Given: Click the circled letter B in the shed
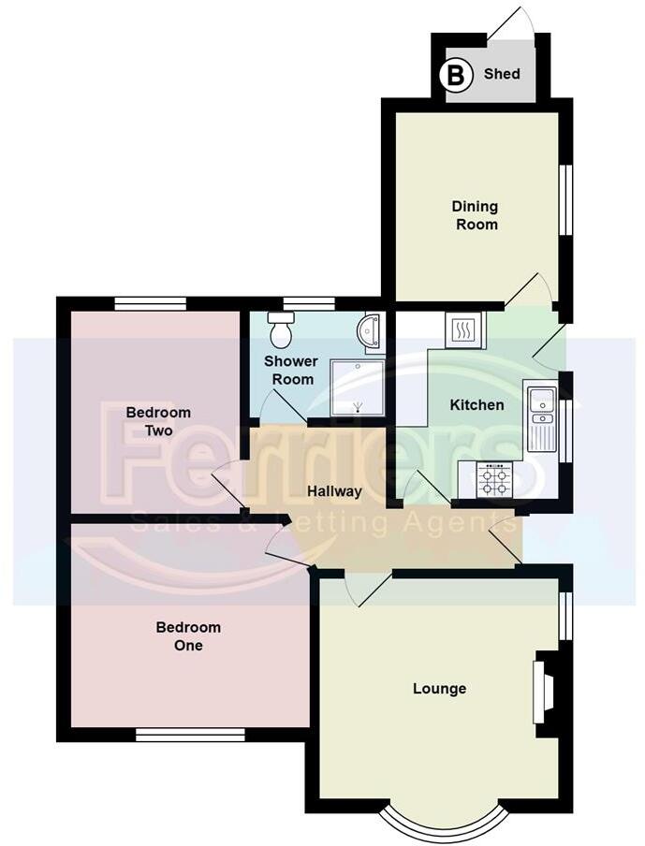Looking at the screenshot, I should [x=457, y=75].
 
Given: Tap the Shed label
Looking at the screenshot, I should [x=502, y=74].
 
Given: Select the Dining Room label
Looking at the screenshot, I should [x=476, y=215].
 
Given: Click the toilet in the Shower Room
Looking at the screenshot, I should [x=281, y=328].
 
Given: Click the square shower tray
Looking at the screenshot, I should [x=358, y=387].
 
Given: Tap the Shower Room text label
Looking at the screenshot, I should [x=290, y=370].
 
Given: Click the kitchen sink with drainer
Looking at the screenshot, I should [x=541, y=416].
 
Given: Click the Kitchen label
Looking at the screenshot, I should [x=477, y=405].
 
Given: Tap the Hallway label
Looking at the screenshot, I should [x=335, y=491].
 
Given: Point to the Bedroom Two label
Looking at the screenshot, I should [x=158, y=421].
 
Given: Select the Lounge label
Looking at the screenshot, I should [x=439, y=689].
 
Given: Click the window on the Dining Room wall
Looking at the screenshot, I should [x=564, y=200].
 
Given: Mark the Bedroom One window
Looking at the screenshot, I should [x=190, y=736].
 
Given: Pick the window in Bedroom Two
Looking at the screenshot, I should [x=150, y=302].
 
